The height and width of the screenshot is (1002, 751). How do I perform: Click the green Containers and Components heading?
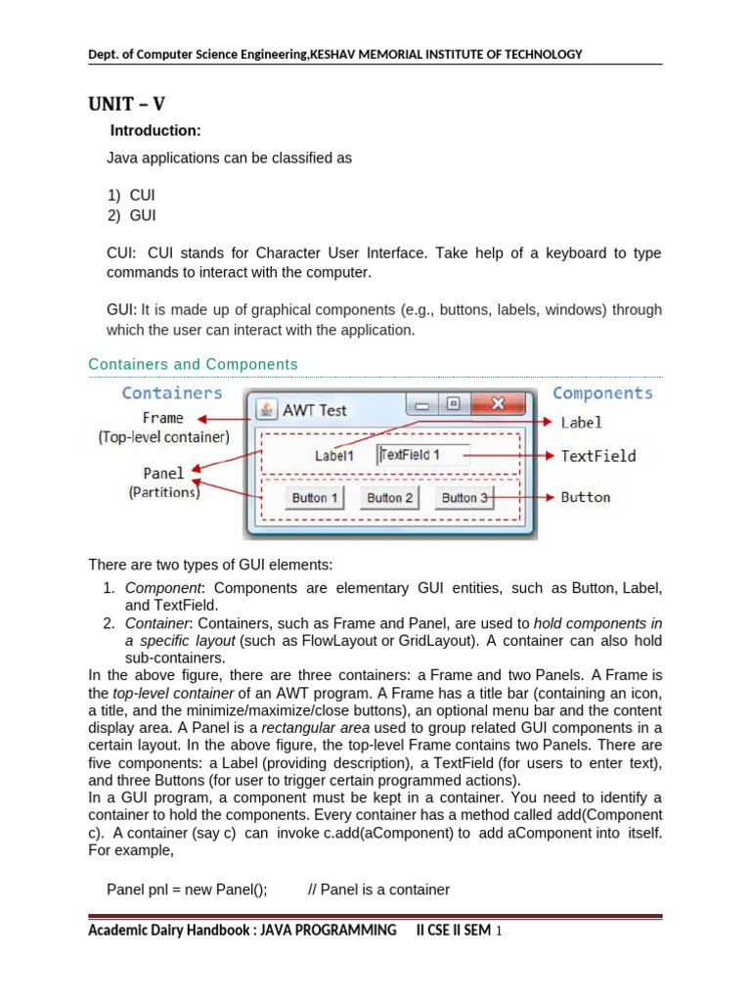(x=193, y=364)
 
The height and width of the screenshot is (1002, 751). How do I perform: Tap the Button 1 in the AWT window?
(x=315, y=498)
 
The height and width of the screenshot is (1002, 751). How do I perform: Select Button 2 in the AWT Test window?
(x=389, y=498)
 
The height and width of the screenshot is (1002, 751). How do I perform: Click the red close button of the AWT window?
(x=498, y=404)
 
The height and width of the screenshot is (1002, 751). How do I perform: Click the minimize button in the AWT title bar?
(x=422, y=404)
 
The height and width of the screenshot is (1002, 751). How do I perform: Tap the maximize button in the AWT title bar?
(x=454, y=404)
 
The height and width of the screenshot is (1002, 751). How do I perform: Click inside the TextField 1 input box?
(x=423, y=455)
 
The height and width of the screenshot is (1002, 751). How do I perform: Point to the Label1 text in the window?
(x=333, y=456)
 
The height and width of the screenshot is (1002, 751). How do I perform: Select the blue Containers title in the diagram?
(x=172, y=392)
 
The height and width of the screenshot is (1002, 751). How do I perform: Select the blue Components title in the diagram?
(x=602, y=392)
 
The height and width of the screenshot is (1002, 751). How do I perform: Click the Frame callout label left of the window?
(x=162, y=418)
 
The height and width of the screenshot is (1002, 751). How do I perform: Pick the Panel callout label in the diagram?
(x=163, y=474)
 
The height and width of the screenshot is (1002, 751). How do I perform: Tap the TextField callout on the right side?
(x=597, y=456)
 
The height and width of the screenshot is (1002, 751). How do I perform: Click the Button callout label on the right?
(x=585, y=497)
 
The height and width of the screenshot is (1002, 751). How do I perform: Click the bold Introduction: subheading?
(x=155, y=131)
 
